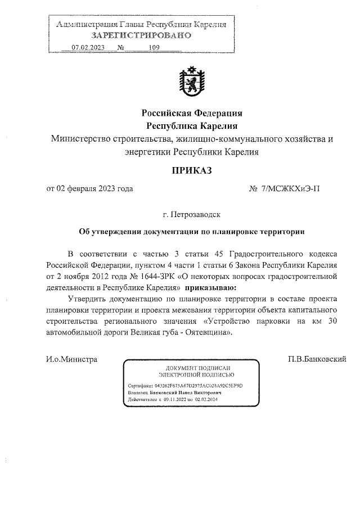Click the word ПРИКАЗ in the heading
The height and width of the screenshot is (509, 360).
[191, 170]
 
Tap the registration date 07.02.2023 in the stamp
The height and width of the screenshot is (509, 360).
[88, 47]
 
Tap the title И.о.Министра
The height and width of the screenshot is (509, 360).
[72, 359]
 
